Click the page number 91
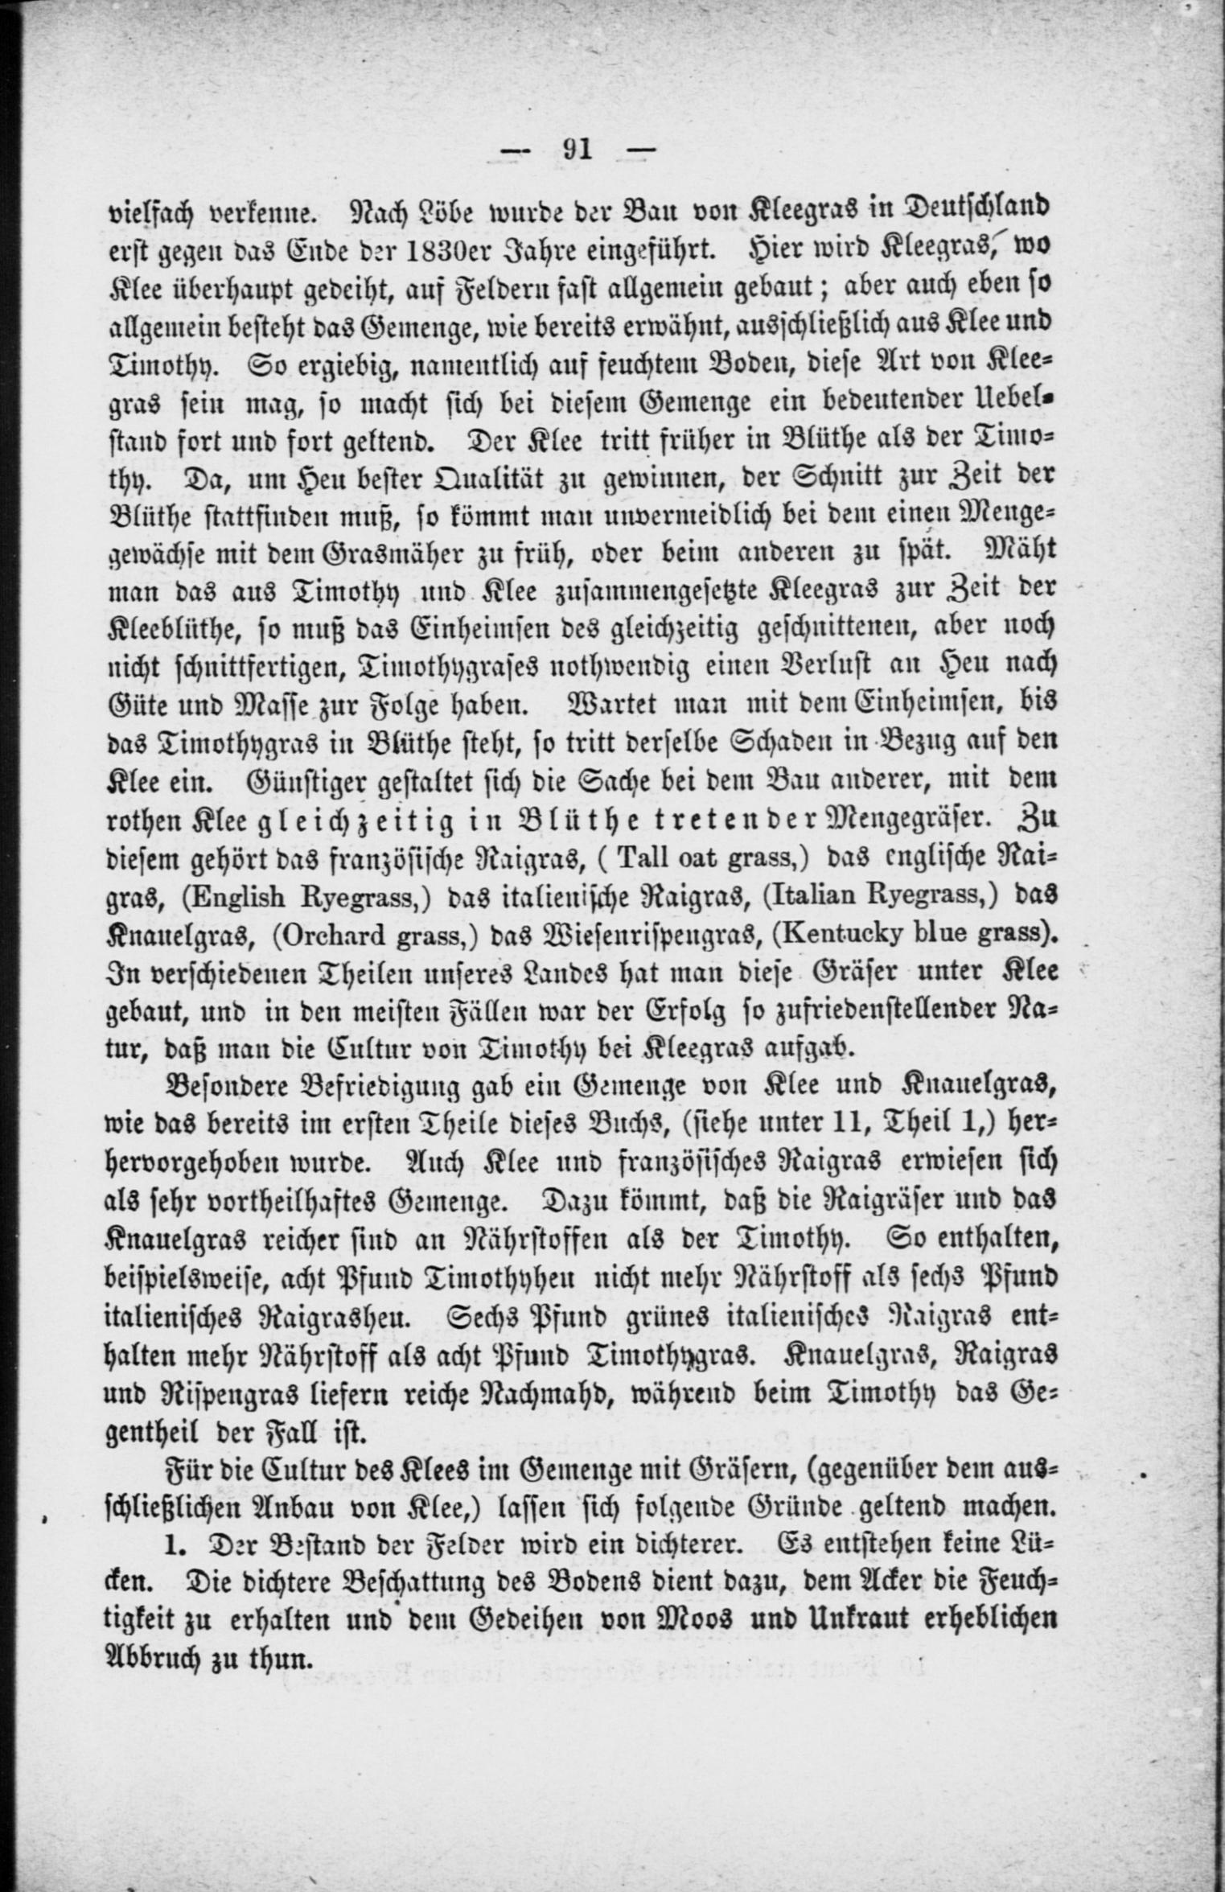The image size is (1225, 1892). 578,150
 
